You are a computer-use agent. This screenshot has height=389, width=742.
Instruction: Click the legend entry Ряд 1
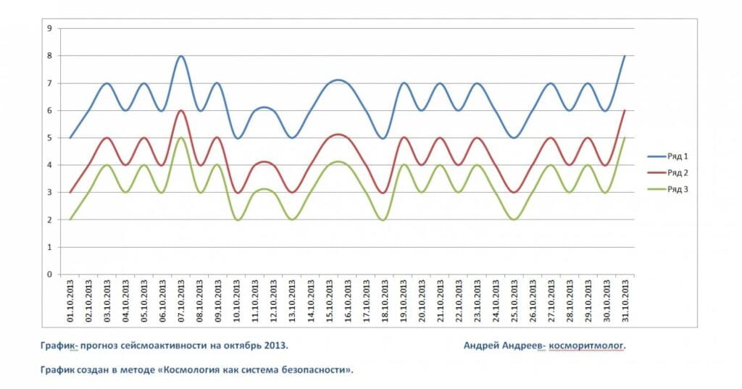click(x=677, y=156)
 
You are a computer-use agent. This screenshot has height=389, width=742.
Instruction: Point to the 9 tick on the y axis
click(x=49, y=28)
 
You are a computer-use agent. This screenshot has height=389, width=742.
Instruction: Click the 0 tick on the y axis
click(x=49, y=275)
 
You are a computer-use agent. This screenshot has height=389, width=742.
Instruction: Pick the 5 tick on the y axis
click(x=49, y=138)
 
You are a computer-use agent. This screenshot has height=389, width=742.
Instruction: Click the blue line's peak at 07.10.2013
click(x=181, y=56)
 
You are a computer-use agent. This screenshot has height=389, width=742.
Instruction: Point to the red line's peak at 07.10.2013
click(x=181, y=111)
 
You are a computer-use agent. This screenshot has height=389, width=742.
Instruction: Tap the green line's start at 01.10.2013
click(x=70, y=219)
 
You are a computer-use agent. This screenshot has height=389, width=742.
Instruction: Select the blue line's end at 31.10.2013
click(x=625, y=56)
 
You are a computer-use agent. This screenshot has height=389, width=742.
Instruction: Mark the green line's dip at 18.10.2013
click(x=384, y=219)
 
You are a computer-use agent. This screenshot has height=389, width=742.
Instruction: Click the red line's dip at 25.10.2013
click(x=514, y=192)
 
